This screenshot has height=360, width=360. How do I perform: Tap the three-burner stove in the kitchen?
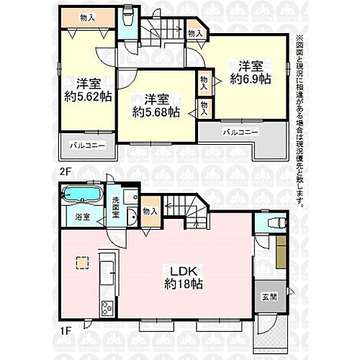(107, 308)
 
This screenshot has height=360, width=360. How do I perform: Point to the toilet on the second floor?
(127, 17)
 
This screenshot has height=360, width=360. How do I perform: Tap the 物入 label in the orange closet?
(86, 17)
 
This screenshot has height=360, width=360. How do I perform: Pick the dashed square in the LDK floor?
(81, 263)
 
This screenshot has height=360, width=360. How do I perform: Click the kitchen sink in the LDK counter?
(107, 274)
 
